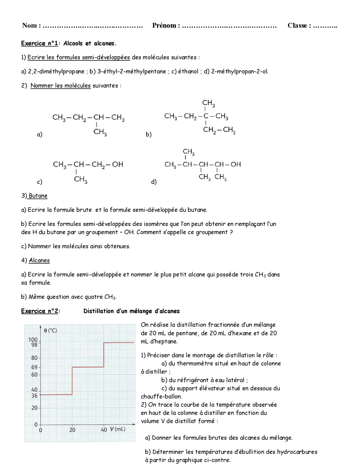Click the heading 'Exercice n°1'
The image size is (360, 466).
tap(39, 43)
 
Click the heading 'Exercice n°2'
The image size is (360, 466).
tap(40, 311)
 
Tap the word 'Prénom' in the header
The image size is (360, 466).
tap(164, 26)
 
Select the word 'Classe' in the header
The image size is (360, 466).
tap(297, 26)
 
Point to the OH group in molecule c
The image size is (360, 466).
tap(118, 164)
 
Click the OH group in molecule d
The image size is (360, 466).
tap(236, 164)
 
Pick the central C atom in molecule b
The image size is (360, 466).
tap(206, 116)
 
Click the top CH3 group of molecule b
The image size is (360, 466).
tap(208, 103)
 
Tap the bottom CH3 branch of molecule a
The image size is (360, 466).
tap(100, 132)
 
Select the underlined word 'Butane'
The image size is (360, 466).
tap(38, 196)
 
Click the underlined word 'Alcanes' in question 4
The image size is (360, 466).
tap(39, 261)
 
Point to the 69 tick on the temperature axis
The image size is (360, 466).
tap(34, 367)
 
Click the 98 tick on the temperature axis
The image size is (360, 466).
tap(34, 344)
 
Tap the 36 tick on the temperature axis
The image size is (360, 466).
tap(34, 396)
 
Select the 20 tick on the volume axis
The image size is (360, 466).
tap(72, 430)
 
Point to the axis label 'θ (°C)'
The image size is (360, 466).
tap(51, 331)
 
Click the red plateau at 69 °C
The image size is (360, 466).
tap(88, 367)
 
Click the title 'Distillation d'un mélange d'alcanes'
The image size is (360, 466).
tap(131, 311)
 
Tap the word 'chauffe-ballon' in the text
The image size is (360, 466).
tap(161, 396)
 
